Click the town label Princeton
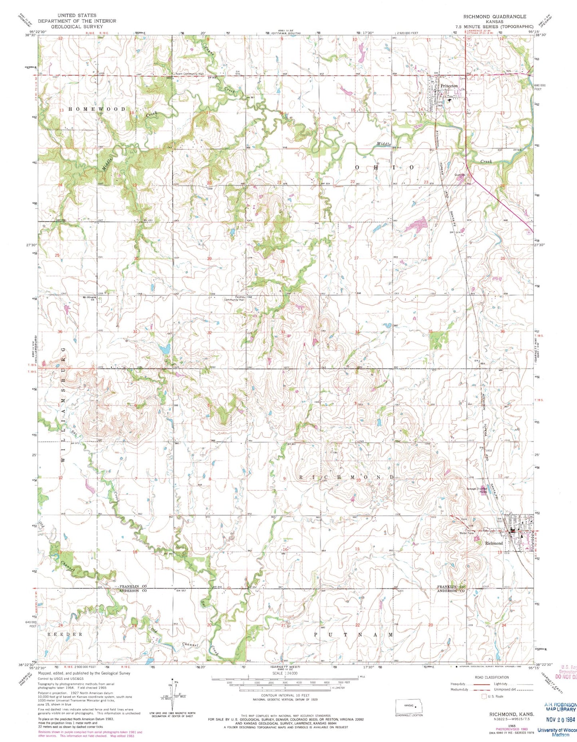tap(449, 86)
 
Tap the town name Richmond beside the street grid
tap(494, 543)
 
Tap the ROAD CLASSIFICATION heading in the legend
tap(492, 677)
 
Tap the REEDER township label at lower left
tap(65, 634)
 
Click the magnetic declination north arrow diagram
tap(172, 695)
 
